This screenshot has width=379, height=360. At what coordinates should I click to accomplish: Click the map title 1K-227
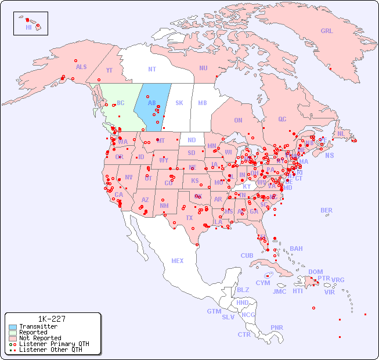point(52,319)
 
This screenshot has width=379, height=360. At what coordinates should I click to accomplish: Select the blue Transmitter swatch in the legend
point(12,327)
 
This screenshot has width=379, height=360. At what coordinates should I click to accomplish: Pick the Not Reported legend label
point(39,338)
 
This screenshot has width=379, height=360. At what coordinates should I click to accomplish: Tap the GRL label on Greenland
point(327,31)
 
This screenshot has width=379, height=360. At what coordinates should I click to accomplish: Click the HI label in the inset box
point(28,27)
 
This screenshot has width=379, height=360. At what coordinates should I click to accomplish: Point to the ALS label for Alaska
point(81,67)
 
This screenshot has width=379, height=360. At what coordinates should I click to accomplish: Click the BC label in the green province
point(121,103)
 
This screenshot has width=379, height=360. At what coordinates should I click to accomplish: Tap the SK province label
point(179,103)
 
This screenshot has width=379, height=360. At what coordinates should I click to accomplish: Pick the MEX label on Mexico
point(178,261)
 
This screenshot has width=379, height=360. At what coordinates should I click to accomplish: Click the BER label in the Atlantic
point(327,210)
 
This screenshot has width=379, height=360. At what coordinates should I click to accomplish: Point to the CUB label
point(247,255)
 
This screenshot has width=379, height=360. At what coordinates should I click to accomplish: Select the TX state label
point(189,218)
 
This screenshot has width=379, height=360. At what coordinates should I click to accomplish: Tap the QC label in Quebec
point(282,119)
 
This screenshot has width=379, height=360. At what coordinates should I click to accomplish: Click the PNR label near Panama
point(277,327)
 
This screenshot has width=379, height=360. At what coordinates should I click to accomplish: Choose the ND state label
point(192,140)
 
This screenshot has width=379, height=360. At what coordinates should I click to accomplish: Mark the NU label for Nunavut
point(203,68)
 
